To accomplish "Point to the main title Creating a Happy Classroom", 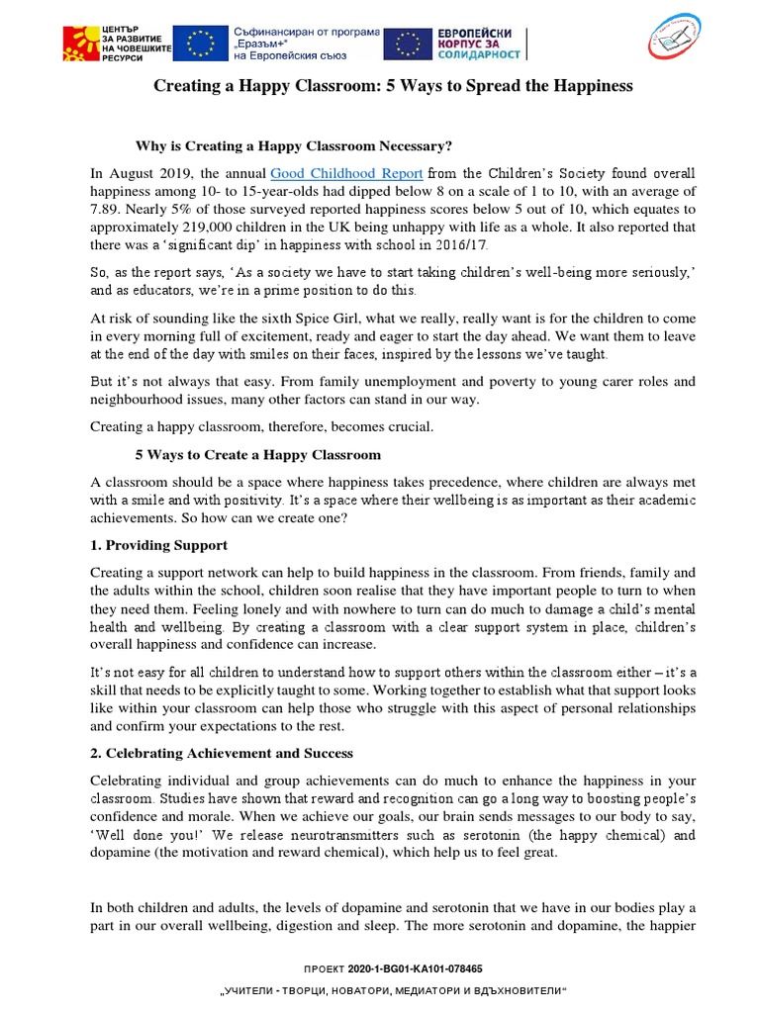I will point(392,86).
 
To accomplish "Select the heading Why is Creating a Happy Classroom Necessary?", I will point(293,145).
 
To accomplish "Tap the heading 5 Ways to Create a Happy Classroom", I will point(257,455).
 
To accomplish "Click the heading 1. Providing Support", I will point(158,545).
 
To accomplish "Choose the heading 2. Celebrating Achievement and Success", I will point(222,753).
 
